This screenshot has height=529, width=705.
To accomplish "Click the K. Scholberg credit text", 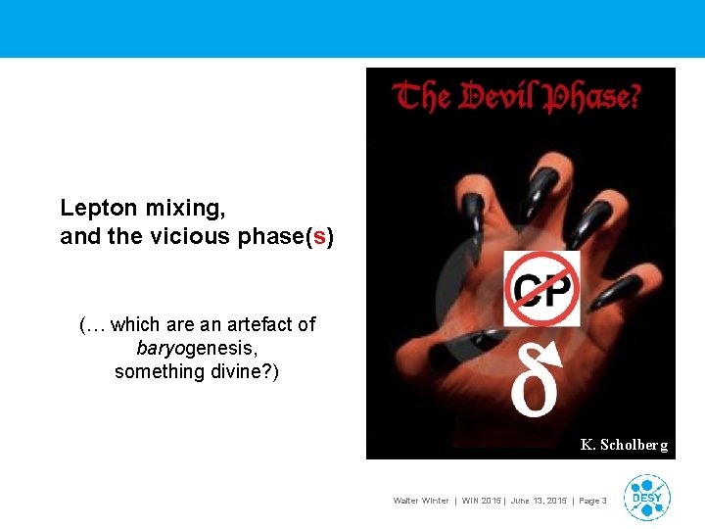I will (x=624, y=445).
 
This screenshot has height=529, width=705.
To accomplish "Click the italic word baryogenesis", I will (x=197, y=348).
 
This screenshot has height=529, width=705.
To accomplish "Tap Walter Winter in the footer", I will (x=422, y=501).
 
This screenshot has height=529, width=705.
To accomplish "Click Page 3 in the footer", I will (x=591, y=501).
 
